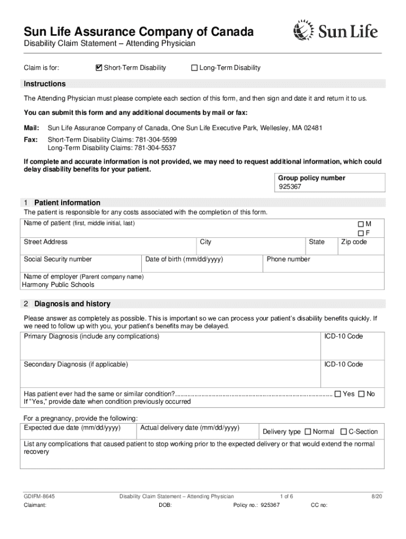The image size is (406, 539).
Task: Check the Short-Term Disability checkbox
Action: pyautogui.click(x=99, y=68)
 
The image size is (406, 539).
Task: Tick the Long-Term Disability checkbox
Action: pyautogui.click(x=194, y=68)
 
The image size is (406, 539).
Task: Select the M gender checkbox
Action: pyautogui.click(x=361, y=224)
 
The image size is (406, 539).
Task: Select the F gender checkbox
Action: pyautogui.click(x=361, y=233)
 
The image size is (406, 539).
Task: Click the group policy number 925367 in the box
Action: pyautogui.click(x=290, y=187)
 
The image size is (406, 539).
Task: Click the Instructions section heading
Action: pyautogui.click(x=45, y=84)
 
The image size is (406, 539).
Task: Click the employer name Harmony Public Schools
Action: pyautogui.click(x=59, y=285)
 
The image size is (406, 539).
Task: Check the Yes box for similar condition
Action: pyautogui.click(x=338, y=394)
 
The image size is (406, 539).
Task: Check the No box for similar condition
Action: pyautogui.click(x=362, y=394)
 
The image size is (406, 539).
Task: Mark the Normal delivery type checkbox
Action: pyautogui.click(x=308, y=432)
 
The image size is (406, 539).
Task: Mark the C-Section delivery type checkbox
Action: pyautogui.click(x=344, y=432)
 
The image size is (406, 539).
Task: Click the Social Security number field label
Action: pyautogui.click(x=58, y=259)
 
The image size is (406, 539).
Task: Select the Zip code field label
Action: pyautogui.click(x=354, y=242)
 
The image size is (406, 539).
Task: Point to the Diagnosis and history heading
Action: pyautogui.click(x=72, y=304)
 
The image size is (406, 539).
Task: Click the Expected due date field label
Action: pyautogui.click(x=73, y=427)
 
